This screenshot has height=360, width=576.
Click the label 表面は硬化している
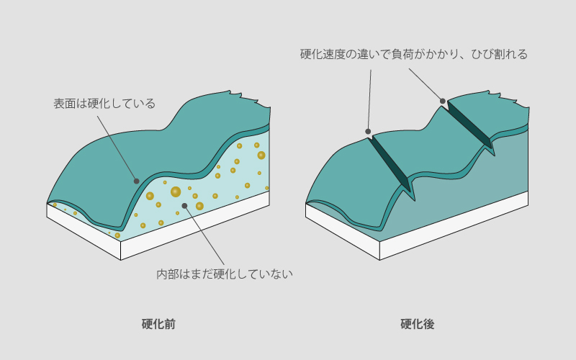coord(104,103)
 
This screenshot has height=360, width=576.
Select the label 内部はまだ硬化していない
coord(225,274)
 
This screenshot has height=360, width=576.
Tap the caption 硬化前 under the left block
coord(158,324)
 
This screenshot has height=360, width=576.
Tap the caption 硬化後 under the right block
coord(418,324)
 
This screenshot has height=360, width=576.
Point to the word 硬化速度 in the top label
coord(323,54)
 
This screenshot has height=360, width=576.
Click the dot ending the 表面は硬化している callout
coord(136,181)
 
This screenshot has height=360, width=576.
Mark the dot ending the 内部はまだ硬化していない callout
coord(185,206)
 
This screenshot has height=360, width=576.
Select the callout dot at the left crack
coord(368,131)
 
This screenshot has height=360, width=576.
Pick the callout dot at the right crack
coord(443,101)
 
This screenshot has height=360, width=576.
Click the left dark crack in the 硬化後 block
coord(391,163)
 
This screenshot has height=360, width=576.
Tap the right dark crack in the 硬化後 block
coord(470,125)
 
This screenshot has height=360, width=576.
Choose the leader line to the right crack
coord(426,84)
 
